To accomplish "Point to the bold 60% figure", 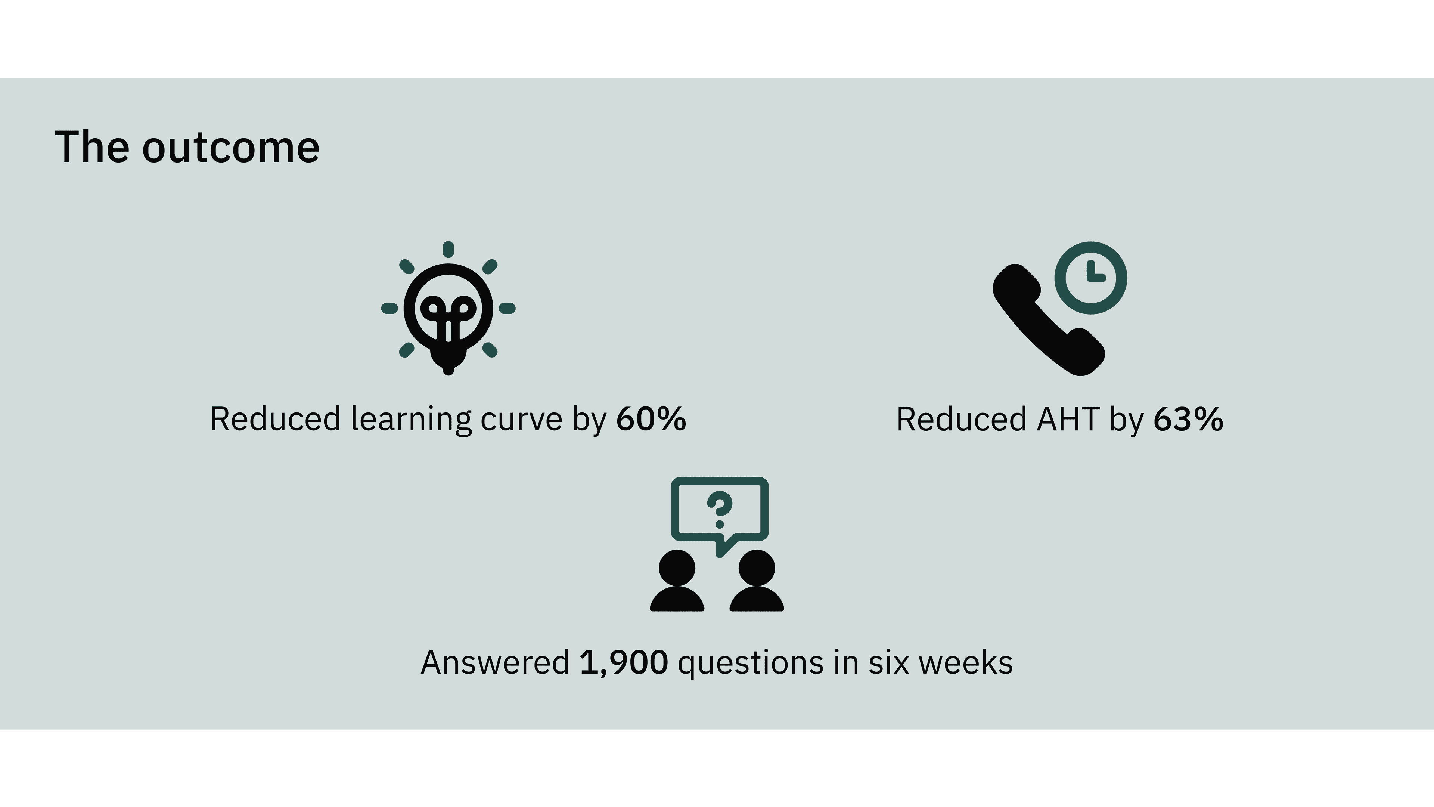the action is [651, 419].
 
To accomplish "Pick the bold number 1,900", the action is [624, 663].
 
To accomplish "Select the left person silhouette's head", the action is [677, 568].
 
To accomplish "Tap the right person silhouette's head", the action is [757, 568].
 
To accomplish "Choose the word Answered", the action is [495, 663].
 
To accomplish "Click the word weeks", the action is [965, 663].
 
